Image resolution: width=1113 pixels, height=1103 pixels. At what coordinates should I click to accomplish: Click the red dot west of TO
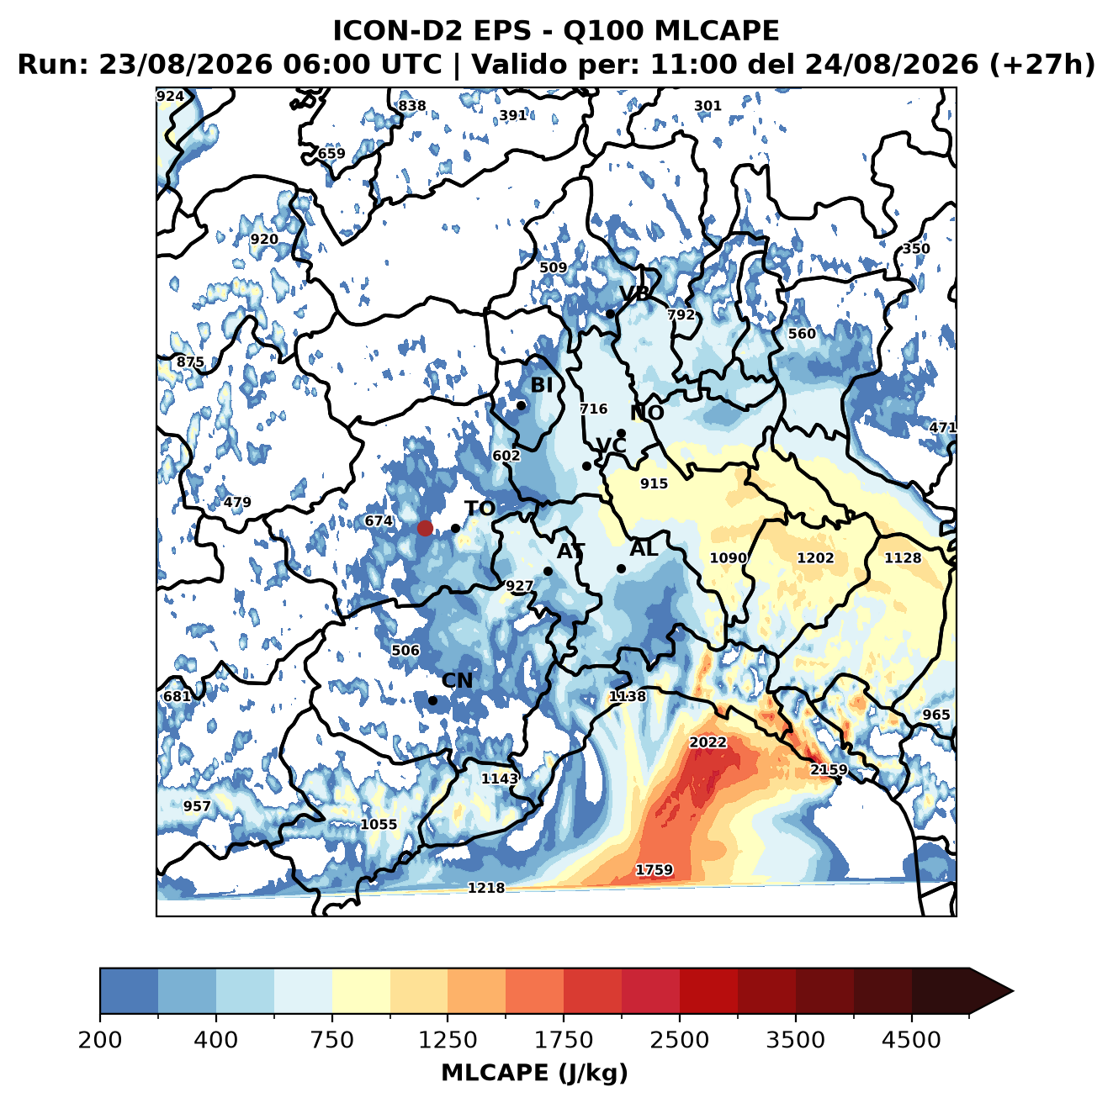click(425, 528)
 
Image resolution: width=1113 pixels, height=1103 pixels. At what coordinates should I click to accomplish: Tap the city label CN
click(457, 681)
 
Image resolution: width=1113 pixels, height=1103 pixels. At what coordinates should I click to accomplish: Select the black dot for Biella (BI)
click(521, 406)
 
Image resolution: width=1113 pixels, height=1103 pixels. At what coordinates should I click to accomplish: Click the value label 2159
click(829, 769)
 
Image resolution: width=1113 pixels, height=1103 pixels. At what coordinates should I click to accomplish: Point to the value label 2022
click(708, 742)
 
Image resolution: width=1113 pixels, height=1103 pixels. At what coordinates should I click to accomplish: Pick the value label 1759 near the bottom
click(655, 870)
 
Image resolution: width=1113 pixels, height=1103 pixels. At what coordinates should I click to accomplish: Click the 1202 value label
click(815, 558)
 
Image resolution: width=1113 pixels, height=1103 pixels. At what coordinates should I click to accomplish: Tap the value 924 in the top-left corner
click(171, 97)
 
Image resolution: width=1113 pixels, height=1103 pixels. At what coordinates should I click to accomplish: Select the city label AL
click(644, 548)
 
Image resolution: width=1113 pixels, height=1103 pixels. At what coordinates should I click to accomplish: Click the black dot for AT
click(549, 572)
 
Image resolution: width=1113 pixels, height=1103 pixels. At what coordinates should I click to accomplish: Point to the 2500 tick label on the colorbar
click(679, 1040)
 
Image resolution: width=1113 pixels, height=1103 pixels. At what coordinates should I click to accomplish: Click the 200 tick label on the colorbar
click(100, 1040)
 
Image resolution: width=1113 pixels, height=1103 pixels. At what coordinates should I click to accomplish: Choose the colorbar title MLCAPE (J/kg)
click(534, 1073)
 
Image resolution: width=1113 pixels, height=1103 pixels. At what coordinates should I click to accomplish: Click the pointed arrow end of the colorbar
click(1013, 992)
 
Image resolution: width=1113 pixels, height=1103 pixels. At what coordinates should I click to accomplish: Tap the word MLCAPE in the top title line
click(716, 30)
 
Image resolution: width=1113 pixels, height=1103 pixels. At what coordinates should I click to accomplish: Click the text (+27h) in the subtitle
click(1041, 64)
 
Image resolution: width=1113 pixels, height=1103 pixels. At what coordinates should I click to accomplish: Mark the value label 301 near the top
click(708, 106)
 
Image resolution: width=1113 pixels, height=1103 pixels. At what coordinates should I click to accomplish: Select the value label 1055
click(379, 825)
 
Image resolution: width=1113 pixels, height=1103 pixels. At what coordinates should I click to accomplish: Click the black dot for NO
click(622, 434)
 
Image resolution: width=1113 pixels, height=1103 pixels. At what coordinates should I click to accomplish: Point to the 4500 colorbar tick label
click(911, 1040)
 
